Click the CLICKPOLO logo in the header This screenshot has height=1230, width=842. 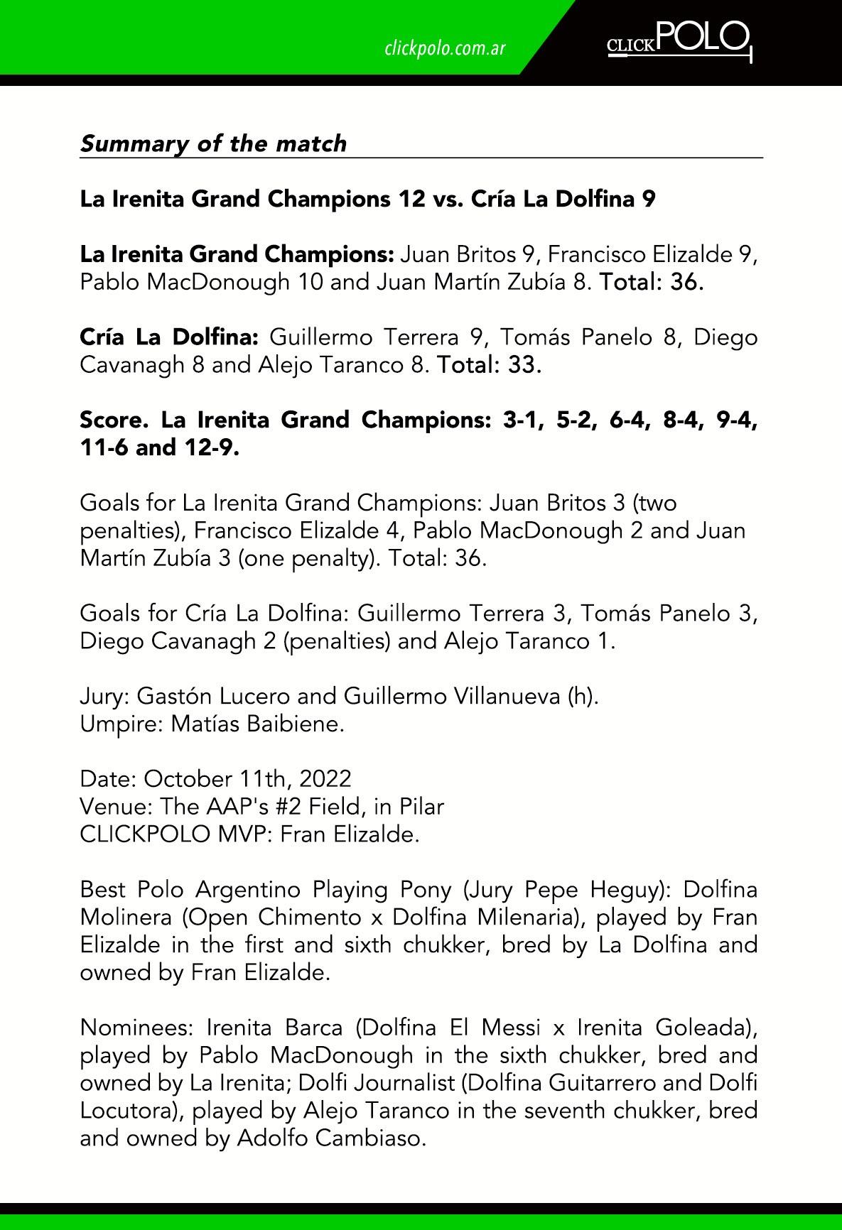[679, 40]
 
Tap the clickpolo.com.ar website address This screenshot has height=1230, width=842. [445, 48]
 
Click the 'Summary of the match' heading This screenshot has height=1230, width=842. [213, 143]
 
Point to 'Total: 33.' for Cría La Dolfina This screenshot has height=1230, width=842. [490, 365]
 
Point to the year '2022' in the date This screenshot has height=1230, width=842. [325, 779]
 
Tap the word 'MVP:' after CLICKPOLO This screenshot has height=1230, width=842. [244, 834]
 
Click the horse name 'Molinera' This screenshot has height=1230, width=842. [126, 918]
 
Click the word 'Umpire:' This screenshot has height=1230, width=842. [122, 724]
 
